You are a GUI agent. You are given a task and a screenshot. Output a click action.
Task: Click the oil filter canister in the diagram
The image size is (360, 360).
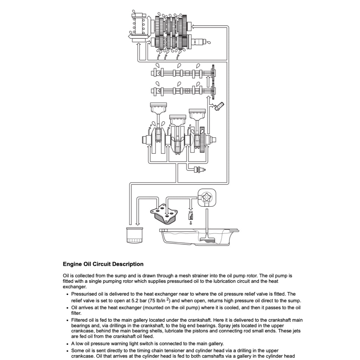pos(134,234)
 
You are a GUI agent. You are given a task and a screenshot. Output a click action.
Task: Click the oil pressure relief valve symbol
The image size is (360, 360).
pos(191,215)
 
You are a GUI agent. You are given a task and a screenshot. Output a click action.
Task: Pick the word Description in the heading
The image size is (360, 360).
pos(128,264)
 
